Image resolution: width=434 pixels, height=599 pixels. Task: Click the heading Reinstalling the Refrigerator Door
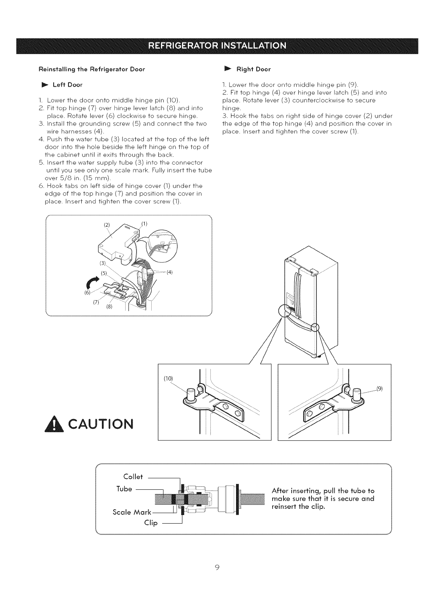coord(91,70)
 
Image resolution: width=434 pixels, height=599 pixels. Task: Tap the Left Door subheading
coord(67,85)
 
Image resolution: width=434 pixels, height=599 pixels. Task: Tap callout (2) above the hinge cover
coord(106,225)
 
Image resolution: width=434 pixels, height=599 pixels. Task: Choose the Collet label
coord(133,477)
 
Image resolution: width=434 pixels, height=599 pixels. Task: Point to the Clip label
coord(150,523)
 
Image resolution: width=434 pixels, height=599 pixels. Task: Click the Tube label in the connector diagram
coord(124,488)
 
